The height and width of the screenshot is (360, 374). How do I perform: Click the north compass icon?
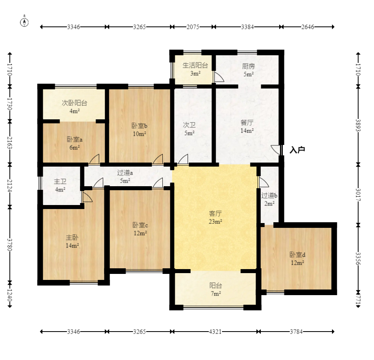coord(24,22)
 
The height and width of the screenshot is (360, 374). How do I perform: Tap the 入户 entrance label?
coord(297,150)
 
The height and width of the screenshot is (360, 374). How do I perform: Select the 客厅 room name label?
coord(215,213)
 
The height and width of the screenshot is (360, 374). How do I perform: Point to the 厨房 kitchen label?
coord(248,66)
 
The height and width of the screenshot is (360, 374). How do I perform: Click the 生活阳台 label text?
coord(195,65)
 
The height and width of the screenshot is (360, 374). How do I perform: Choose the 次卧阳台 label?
coord(74,103)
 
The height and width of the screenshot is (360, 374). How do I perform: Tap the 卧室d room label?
coord(297,255)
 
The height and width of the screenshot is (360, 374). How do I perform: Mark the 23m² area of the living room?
coord(215,222)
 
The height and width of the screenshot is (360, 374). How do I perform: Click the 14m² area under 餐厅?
coord(247,131)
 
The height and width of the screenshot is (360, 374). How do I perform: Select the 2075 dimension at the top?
coord(193,27)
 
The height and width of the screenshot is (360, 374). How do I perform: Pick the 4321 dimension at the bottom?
coord(215,332)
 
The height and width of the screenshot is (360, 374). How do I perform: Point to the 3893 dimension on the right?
coord(358,125)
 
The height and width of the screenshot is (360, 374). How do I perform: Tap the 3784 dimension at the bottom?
coord(296,332)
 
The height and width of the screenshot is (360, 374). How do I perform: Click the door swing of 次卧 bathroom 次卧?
coord(183,159)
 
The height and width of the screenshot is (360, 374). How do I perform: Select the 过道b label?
coord(269,195)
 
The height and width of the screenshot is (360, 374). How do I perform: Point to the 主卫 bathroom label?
coord(60,182)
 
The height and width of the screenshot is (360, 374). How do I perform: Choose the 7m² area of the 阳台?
coord(215,294)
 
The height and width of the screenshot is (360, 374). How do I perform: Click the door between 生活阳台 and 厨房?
coord(218,77)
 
